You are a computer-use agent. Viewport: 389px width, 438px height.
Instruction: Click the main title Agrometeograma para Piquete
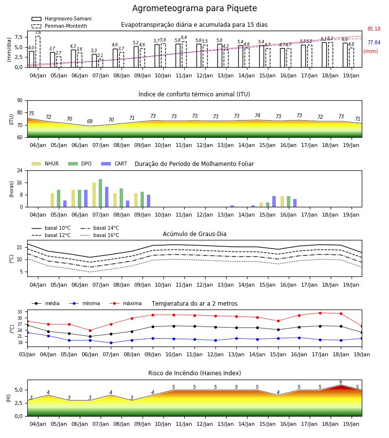point(194,8)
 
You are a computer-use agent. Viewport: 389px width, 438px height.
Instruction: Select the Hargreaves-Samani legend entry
point(61,18)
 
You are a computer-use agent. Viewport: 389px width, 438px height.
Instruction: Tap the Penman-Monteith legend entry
point(59,26)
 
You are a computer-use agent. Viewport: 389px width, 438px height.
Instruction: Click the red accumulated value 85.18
point(374,29)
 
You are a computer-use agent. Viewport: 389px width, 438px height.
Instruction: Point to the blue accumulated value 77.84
point(374,42)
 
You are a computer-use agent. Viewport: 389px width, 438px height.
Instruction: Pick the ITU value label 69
point(89,121)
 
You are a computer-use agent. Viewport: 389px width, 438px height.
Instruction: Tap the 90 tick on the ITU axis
point(20,101)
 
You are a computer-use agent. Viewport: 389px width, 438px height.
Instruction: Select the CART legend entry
point(114,164)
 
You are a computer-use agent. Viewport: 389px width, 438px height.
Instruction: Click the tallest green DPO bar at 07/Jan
point(101,193)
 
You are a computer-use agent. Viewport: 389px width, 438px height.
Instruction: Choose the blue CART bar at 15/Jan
point(274,201)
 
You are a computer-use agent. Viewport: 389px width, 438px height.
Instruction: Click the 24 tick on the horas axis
point(20,170)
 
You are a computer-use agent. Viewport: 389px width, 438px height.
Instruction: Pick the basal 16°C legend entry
point(100,235)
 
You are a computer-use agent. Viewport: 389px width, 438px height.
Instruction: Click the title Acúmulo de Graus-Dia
point(194,234)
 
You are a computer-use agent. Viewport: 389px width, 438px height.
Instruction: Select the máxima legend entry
point(125,303)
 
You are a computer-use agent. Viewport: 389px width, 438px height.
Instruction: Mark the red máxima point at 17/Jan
point(320,313)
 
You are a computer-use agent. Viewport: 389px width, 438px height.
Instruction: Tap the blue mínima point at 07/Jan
point(111,343)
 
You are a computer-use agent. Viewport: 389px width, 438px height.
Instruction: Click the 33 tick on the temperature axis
point(20,312)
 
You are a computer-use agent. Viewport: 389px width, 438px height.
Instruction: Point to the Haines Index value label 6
point(341,382)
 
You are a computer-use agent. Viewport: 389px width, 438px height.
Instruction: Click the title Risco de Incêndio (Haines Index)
point(194,373)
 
